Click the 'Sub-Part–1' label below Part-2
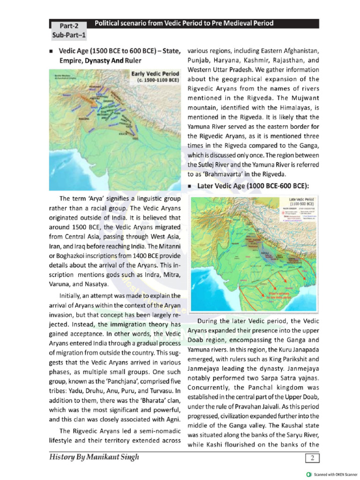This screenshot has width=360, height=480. click(69, 36)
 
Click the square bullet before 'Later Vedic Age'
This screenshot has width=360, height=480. click(190, 187)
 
